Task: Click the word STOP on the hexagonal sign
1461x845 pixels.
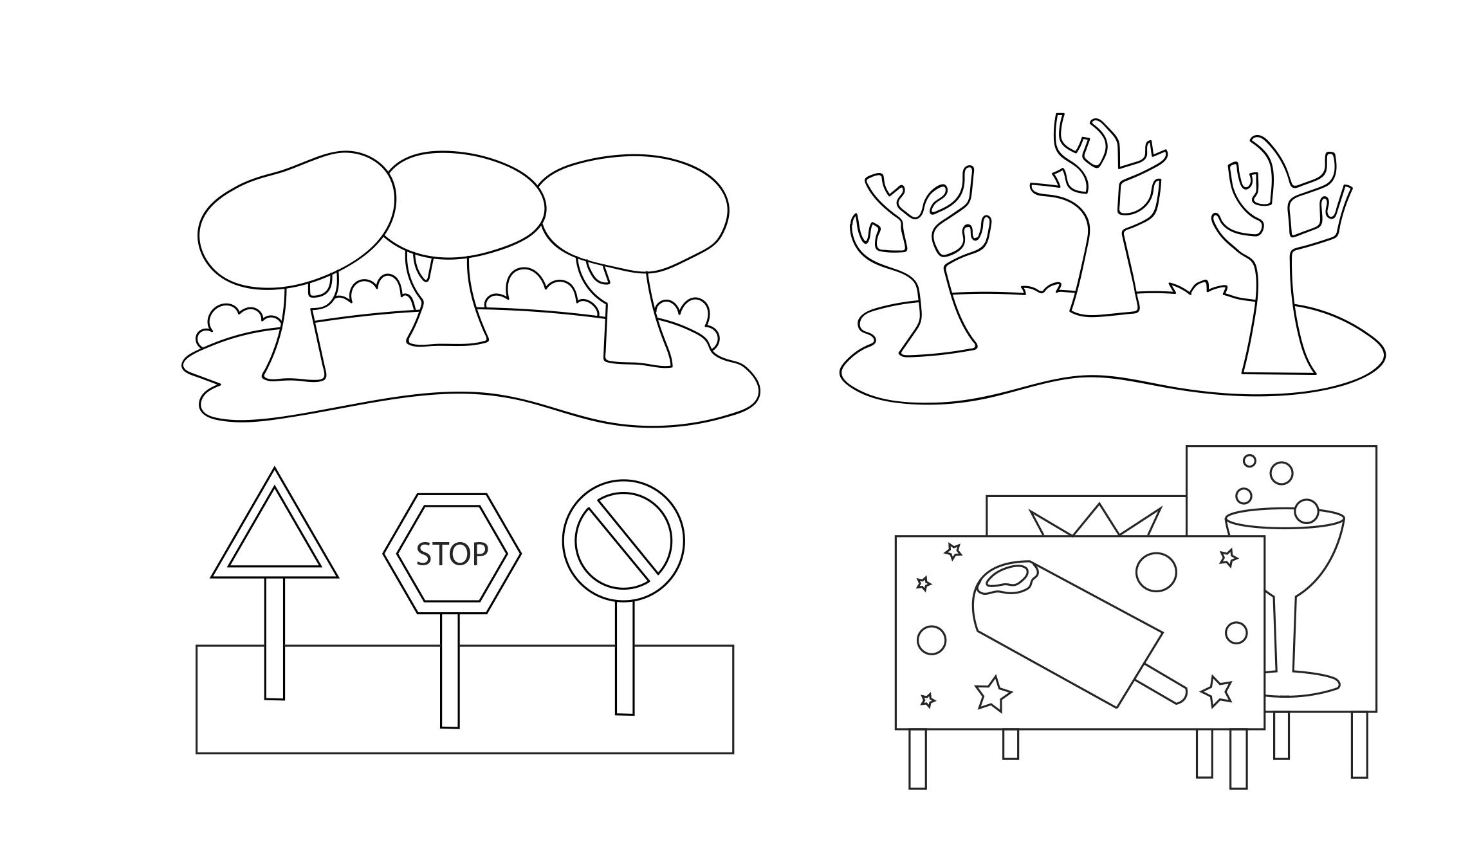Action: point(452,554)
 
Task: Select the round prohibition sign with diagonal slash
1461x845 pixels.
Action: point(623,541)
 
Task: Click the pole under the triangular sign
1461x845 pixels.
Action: point(275,638)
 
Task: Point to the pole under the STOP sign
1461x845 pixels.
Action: point(450,670)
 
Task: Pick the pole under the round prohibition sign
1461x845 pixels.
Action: point(624,657)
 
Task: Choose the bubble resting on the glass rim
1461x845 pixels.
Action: point(1306,511)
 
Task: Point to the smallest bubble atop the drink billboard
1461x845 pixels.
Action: point(1249,460)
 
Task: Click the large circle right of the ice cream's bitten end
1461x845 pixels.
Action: point(1156,572)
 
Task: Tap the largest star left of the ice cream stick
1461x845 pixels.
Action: point(992,693)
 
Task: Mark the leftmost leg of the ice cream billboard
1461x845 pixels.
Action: point(917,758)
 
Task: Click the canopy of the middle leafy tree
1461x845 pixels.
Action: point(464,204)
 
